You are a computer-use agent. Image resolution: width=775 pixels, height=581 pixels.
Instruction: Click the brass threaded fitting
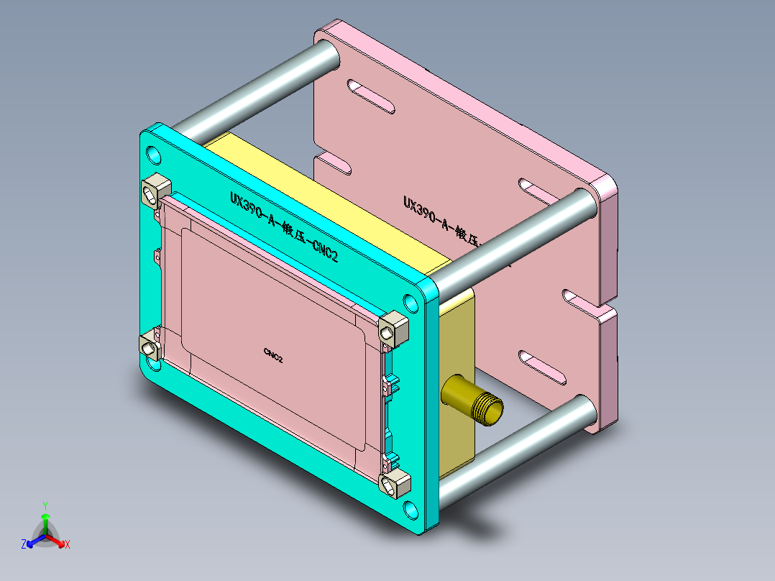pyautogui.click(x=474, y=401)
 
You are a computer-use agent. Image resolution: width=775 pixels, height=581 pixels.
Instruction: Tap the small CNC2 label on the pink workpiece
pyautogui.click(x=272, y=353)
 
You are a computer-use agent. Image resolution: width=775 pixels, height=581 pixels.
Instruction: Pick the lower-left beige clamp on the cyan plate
pyautogui.click(x=151, y=347)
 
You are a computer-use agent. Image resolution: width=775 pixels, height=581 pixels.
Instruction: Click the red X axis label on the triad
pyautogui.click(x=67, y=544)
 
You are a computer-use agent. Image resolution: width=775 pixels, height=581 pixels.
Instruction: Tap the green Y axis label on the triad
pyautogui.click(x=45, y=505)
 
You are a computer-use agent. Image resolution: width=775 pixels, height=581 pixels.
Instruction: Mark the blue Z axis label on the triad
pyautogui.click(x=24, y=544)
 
